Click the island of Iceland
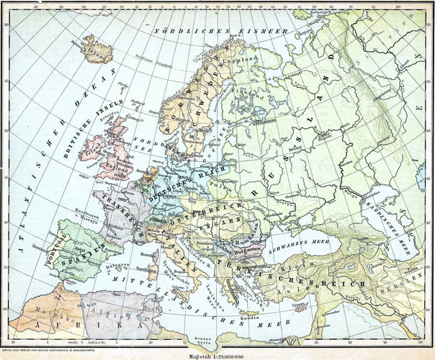pyautogui.click(x=94, y=53)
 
